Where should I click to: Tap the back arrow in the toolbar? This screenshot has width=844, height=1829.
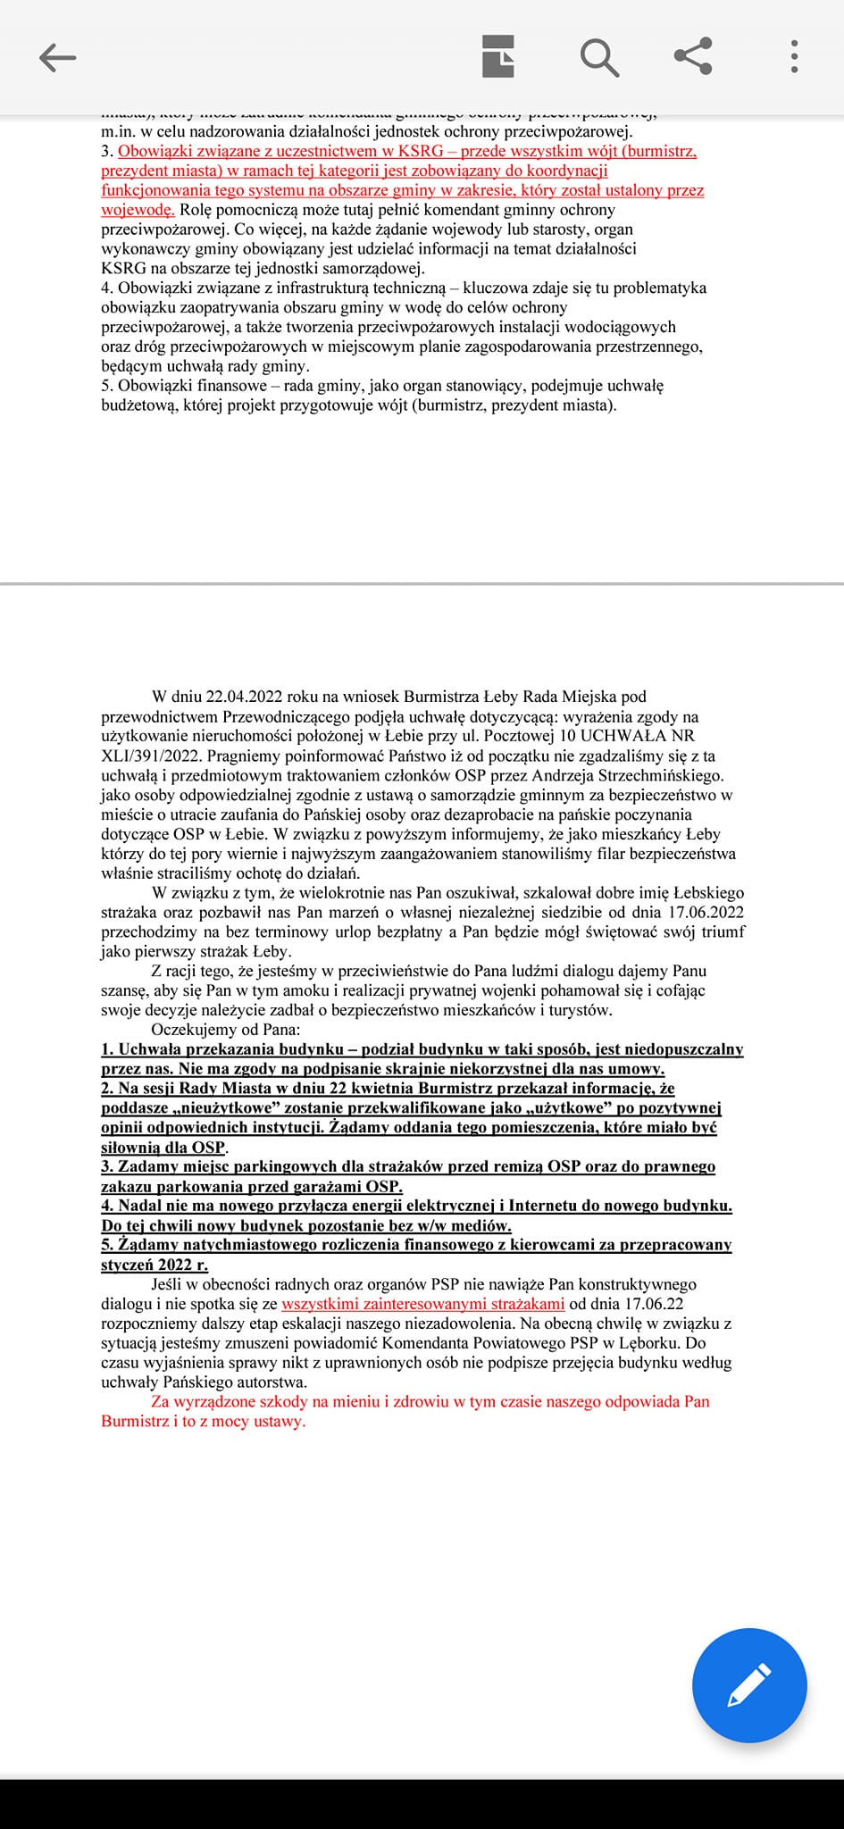[58, 58]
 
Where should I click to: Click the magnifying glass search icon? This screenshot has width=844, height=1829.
[599, 58]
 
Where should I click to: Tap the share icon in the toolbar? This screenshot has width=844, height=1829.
[693, 56]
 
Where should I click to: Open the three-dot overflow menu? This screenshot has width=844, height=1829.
[794, 56]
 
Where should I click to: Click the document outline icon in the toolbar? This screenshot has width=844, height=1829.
[498, 57]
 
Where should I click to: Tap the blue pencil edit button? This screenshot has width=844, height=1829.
[749, 1685]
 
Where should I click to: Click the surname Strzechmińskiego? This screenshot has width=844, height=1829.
[652, 775]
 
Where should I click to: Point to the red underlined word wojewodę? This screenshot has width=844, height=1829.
[137, 210]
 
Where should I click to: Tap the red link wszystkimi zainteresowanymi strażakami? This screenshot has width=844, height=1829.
[422, 1304]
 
